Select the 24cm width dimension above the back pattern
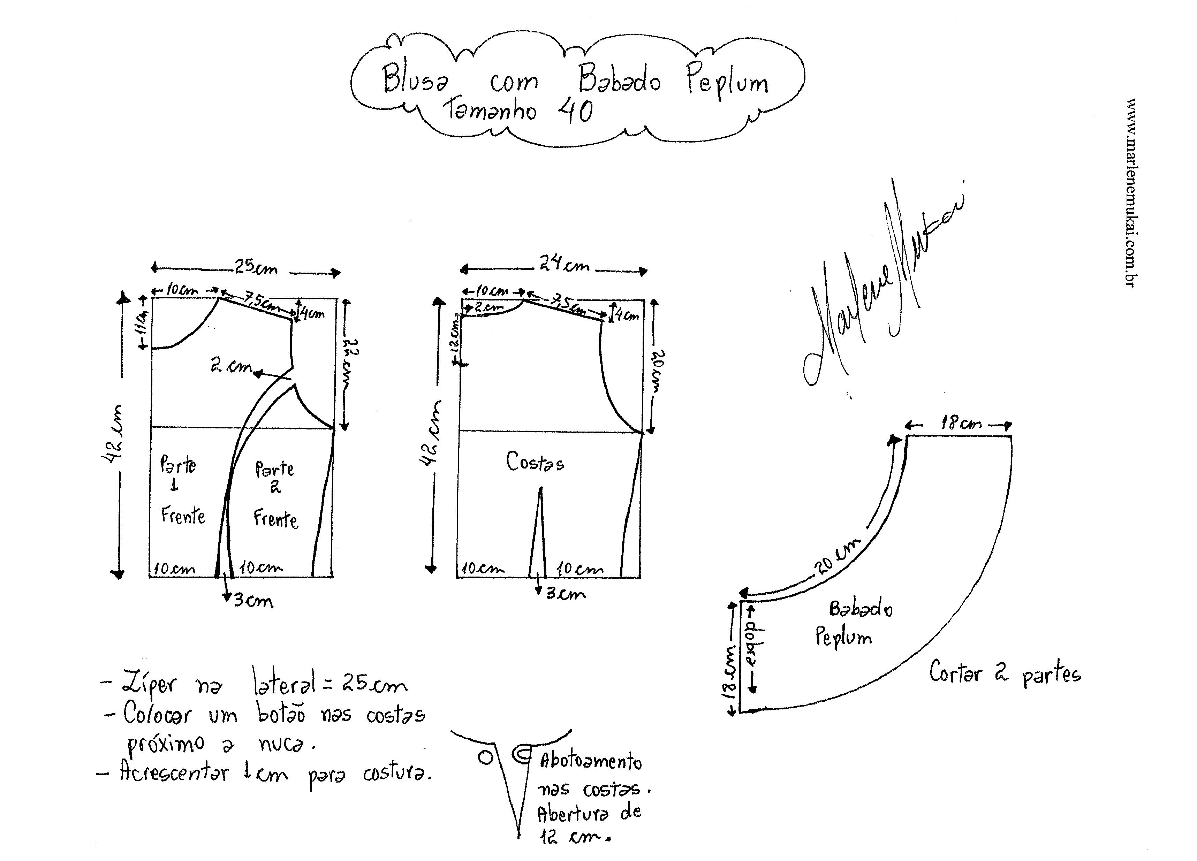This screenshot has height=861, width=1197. [564, 264]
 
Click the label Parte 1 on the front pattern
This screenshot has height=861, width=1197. [177, 473]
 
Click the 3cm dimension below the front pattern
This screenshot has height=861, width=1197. [253, 601]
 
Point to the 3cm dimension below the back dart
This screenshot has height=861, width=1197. [565, 594]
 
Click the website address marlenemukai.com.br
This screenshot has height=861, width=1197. [1130, 192]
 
